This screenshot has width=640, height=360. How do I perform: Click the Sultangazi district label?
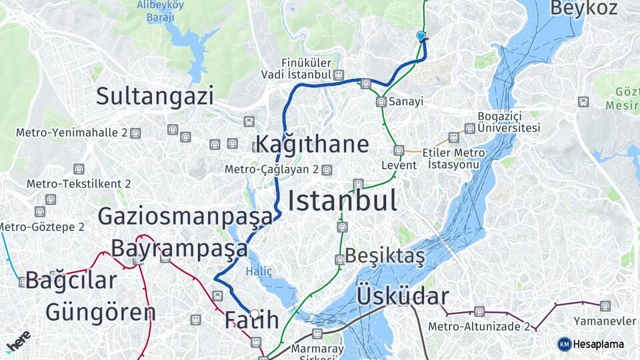coord(155,96)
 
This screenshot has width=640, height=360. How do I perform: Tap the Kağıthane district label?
coord(312,144)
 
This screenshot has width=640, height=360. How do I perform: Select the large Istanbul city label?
coord(343,200)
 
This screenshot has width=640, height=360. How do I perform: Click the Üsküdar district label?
coord(403,296)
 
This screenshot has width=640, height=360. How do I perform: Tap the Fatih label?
coord(251,320)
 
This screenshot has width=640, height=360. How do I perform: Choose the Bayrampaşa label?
coord(179,248)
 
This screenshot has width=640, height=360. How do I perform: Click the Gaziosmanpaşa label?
coord(185,216)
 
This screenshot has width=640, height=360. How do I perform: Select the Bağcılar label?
coord(71,281)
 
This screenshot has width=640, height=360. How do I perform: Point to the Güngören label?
coord(100,312)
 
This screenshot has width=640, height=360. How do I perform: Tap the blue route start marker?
coord(421,36)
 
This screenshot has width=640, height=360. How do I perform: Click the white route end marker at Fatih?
coord(254,313)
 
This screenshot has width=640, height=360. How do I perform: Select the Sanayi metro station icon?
coord(381,102)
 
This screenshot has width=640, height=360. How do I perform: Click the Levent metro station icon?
coord(399,151)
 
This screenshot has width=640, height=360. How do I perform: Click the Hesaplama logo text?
coord(598,344)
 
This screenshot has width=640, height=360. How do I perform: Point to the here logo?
coord(19,341)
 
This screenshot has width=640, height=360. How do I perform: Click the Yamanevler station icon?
coord(605,306)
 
